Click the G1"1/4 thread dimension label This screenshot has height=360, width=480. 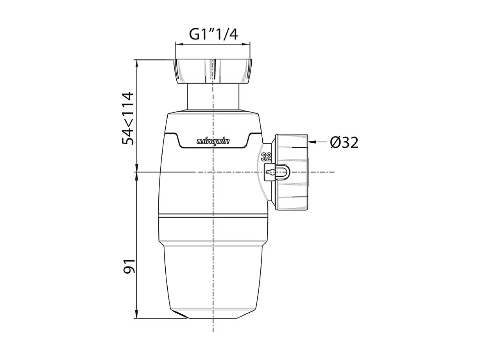pyautogui.click(x=213, y=34)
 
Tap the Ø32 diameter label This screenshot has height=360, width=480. pyautogui.click(x=344, y=143)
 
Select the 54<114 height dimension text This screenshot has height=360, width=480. pyautogui.click(x=128, y=118)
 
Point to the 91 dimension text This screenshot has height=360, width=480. pyautogui.click(x=128, y=266)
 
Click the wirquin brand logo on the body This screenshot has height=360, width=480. pyautogui.click(x=213, y=141)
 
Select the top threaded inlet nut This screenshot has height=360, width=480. pyautogui.click(x=213, y=71)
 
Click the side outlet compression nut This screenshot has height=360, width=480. pyautogui.click(x=292, y=172)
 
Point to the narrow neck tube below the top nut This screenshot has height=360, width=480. pyautogui.click(x=213, y=98)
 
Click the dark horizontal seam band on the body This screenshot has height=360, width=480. pyautogui.click(x=213, y=215)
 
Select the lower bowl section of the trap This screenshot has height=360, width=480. pyautogui.click(x=213, y=274)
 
